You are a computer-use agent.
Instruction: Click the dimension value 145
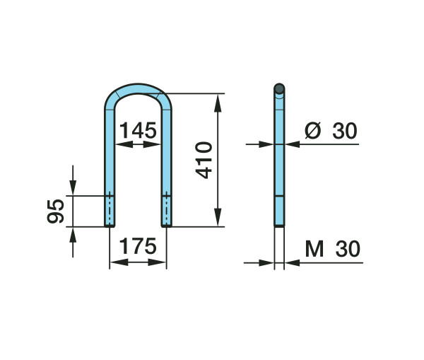click(x=138, y=130)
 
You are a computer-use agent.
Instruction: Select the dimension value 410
click(x=204, y=160)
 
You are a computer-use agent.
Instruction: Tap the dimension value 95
click(x=55, y=211)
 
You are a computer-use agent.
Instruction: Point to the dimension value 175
click(x=138, y=246)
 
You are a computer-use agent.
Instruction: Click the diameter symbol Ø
click(x=312, y=130)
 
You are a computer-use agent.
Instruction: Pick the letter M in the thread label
click(x=314, y=249)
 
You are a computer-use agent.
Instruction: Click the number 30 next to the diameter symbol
click(x=345, y=131)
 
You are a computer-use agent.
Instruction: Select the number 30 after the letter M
click(x=348, y=249)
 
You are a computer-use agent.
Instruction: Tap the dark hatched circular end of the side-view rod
click(x=279, y=88)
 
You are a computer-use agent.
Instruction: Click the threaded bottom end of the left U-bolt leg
click(x=110, y=211)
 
